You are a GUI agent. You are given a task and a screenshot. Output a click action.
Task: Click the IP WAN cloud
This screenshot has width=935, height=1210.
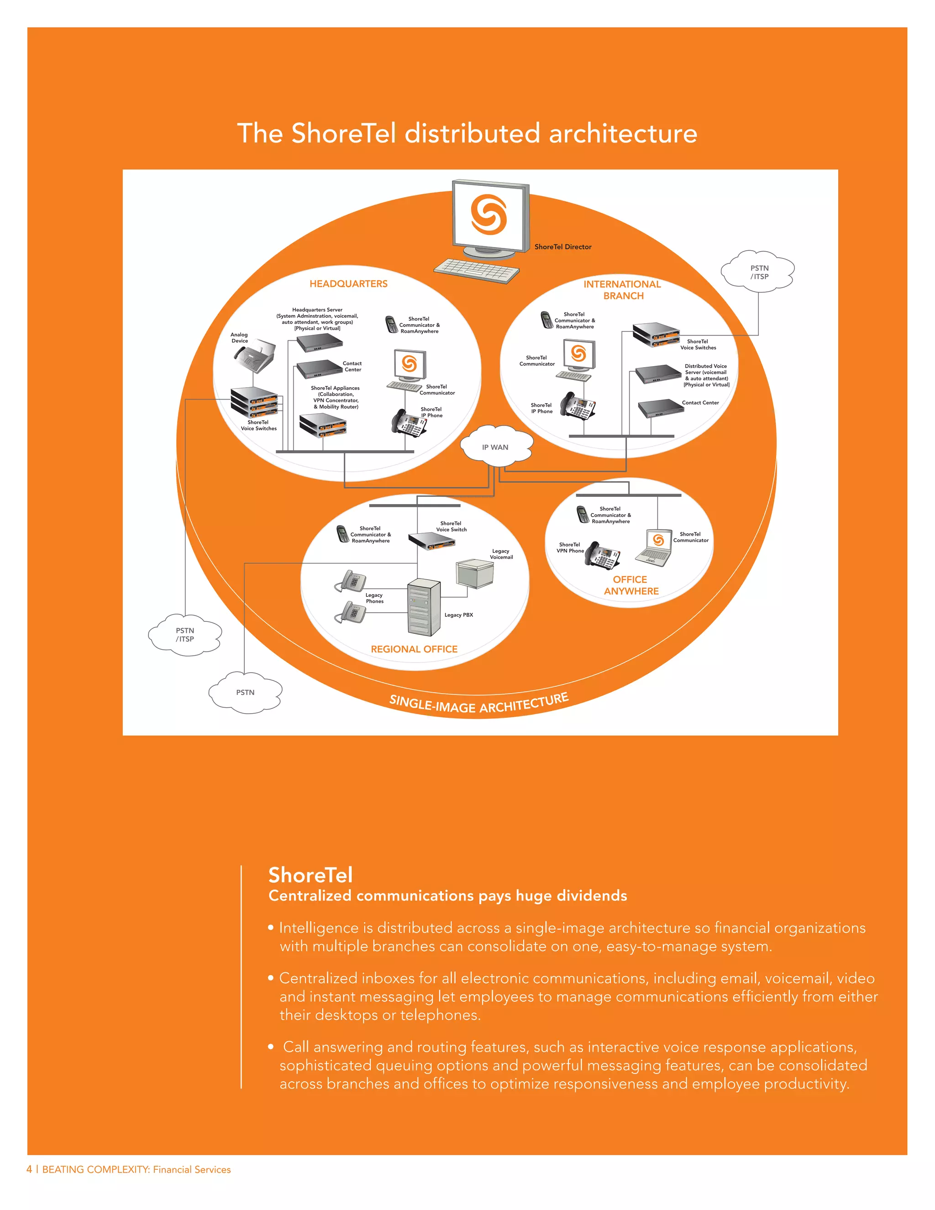496,446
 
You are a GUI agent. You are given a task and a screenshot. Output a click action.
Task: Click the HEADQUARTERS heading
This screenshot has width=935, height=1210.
348,284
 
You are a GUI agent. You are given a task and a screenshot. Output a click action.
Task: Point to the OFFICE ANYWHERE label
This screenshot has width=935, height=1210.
630,585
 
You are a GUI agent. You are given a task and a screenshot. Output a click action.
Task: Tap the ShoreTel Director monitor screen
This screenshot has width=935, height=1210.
488,216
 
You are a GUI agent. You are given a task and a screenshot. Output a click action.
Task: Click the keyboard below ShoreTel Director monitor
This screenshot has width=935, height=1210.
476,270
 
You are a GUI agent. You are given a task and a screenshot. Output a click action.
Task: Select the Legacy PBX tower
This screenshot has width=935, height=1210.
424,607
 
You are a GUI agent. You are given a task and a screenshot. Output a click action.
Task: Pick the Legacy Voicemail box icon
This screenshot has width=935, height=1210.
475,573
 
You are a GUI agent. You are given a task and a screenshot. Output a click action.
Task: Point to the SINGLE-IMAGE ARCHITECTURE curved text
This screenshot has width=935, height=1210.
478,704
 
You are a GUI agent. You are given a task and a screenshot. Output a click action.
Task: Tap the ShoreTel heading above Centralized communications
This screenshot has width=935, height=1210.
310,875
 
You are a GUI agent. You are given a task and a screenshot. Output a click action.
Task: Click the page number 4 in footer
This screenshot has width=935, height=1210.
29,1169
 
